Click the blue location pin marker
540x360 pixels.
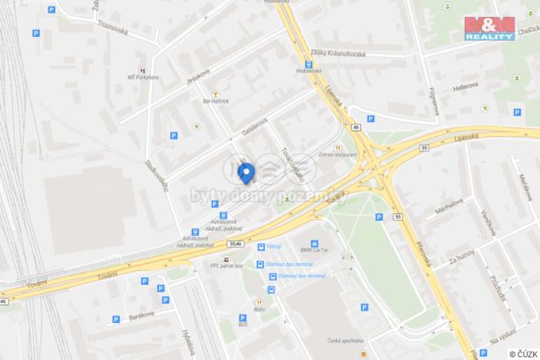pos(246,173)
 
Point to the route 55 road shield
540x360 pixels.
pos(398,218)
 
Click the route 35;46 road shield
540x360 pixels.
pos(235,243)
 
